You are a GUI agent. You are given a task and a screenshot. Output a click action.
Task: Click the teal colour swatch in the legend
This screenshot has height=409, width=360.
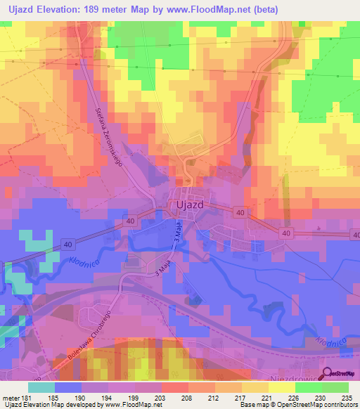(41, 387)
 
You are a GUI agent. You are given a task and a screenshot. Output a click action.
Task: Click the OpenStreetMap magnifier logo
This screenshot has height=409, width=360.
(327, 374)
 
